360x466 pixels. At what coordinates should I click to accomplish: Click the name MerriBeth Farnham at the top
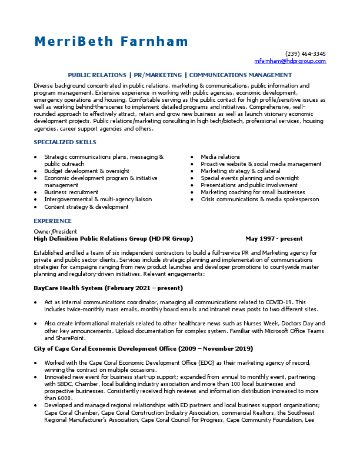tap(111, 41)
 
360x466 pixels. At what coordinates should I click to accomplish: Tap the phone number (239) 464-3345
tap(305, 54)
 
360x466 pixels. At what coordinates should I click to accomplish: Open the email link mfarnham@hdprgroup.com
tap(290, 61)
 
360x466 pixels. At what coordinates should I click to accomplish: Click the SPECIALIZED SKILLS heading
tap(65, 142)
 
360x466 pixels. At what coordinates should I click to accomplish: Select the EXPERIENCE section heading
tap(52, 221)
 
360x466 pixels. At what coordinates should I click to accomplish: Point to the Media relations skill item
tap(221, 157)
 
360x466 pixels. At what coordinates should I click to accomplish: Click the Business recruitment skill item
tap(71, 192)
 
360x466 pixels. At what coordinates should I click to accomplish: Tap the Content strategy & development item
tap(86, 207)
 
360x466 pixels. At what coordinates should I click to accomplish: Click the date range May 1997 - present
tap(274, 239)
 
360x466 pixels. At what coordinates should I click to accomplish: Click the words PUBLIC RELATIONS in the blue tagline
tap(96, 75)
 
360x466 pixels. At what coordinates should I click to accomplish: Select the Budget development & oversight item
tap(78, 171)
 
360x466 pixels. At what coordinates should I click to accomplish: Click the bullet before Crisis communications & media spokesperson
tap(194, 199)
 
